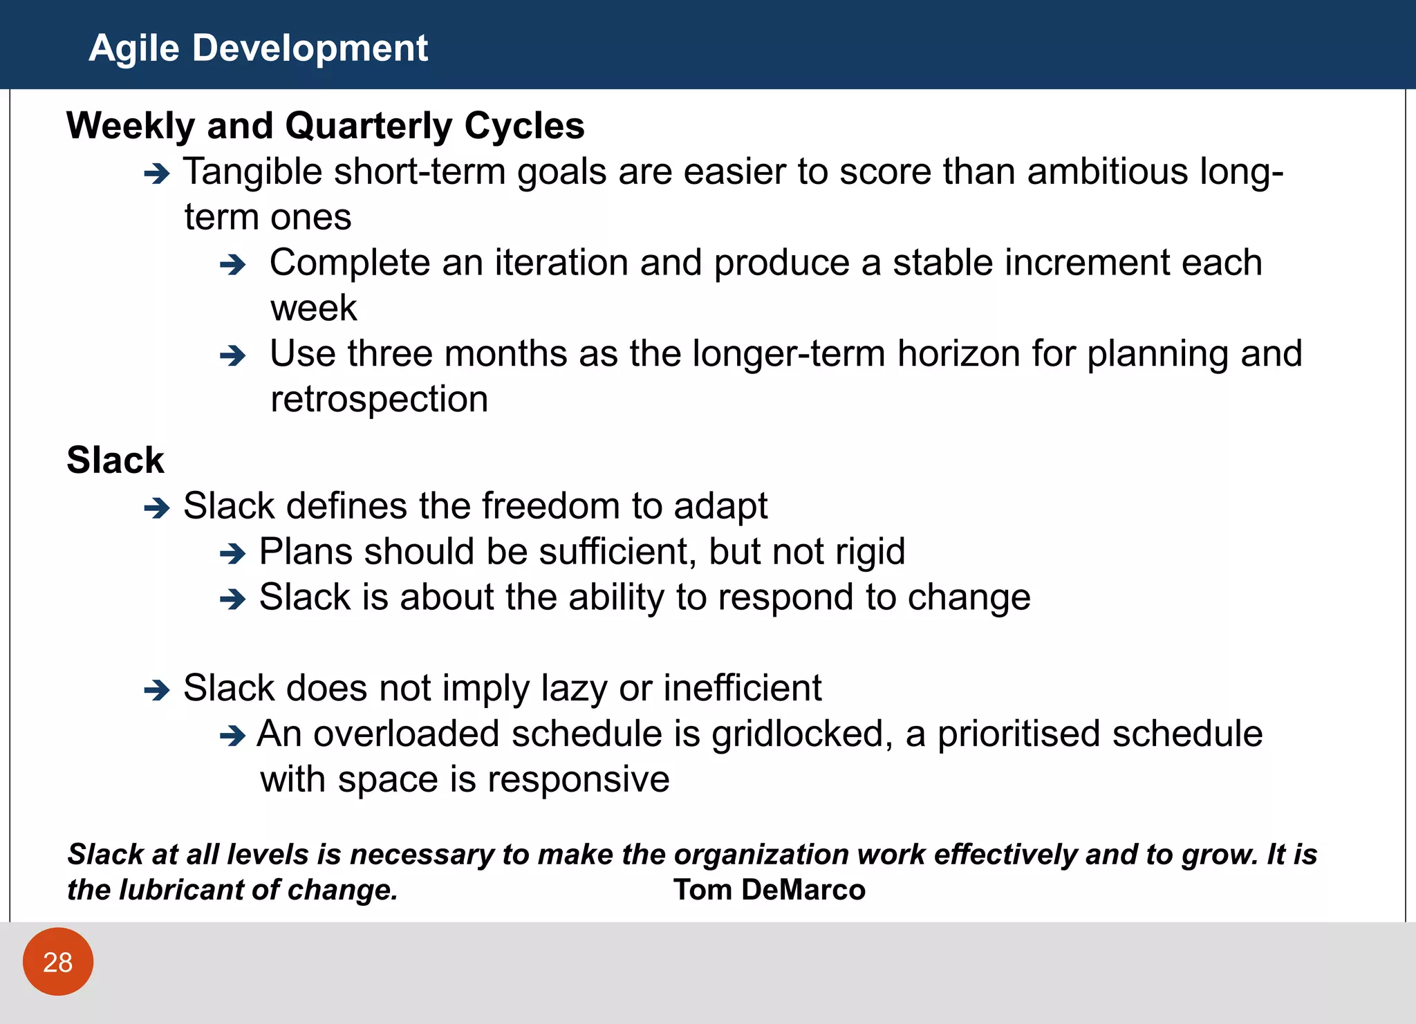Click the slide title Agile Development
(x=258, y=48)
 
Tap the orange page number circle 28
(x=58, y=962)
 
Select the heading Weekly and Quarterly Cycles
(x=325, y=126)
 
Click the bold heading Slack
(x=115, y=460)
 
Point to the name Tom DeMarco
(x=769, y=890)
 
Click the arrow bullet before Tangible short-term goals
(x=157, y=174)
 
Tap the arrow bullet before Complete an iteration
(x=232, y=265)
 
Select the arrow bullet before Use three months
(x=232, y=356)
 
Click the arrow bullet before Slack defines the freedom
(x=157, y=508)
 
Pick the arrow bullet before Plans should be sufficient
(x=232, y=554)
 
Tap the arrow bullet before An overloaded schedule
(x=232, y=736)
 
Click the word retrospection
(x=379, y=400)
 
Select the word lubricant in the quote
(x=179, y=890)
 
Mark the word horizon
(x=958, y=354)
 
